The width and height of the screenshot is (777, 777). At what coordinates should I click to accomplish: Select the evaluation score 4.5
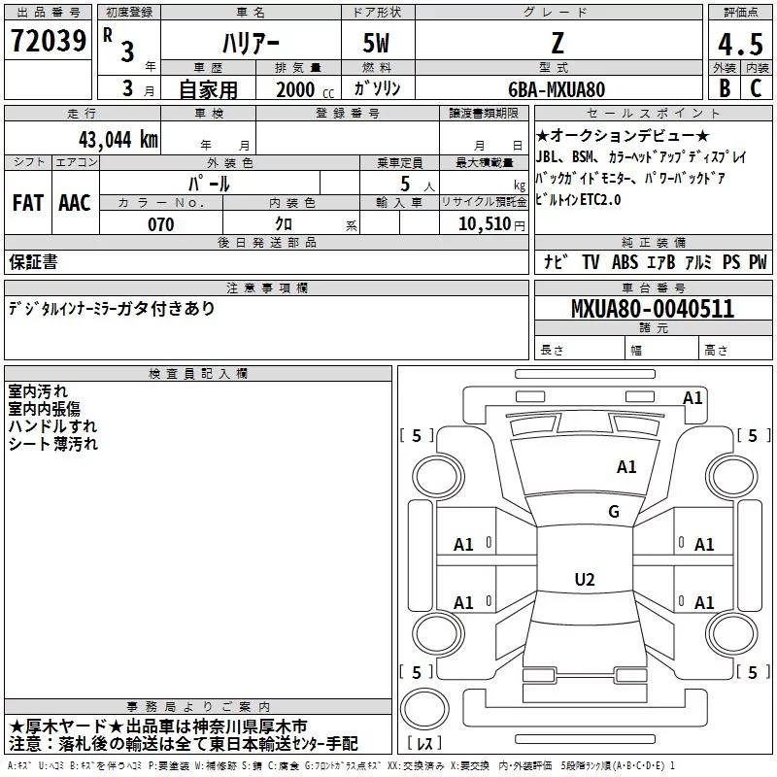tap(740, 46)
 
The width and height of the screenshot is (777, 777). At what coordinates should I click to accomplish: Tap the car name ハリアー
tap(250, 44)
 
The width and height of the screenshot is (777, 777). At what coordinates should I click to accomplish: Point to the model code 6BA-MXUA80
tap(557, 88)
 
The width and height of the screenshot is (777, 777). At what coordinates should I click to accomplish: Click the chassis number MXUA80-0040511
tap(653, 309)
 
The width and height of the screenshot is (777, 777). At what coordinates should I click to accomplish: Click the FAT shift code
tap(28, 202)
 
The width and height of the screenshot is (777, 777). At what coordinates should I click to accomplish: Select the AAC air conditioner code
tap(75, 202)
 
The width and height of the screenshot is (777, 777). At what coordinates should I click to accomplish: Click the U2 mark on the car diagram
tap(584, 580)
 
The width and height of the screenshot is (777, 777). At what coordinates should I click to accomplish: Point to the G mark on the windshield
tap(613, 512)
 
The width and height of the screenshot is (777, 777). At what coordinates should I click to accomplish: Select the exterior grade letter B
tap(724, 87)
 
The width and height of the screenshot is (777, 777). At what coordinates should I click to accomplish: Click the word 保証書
tap(33, 261)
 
